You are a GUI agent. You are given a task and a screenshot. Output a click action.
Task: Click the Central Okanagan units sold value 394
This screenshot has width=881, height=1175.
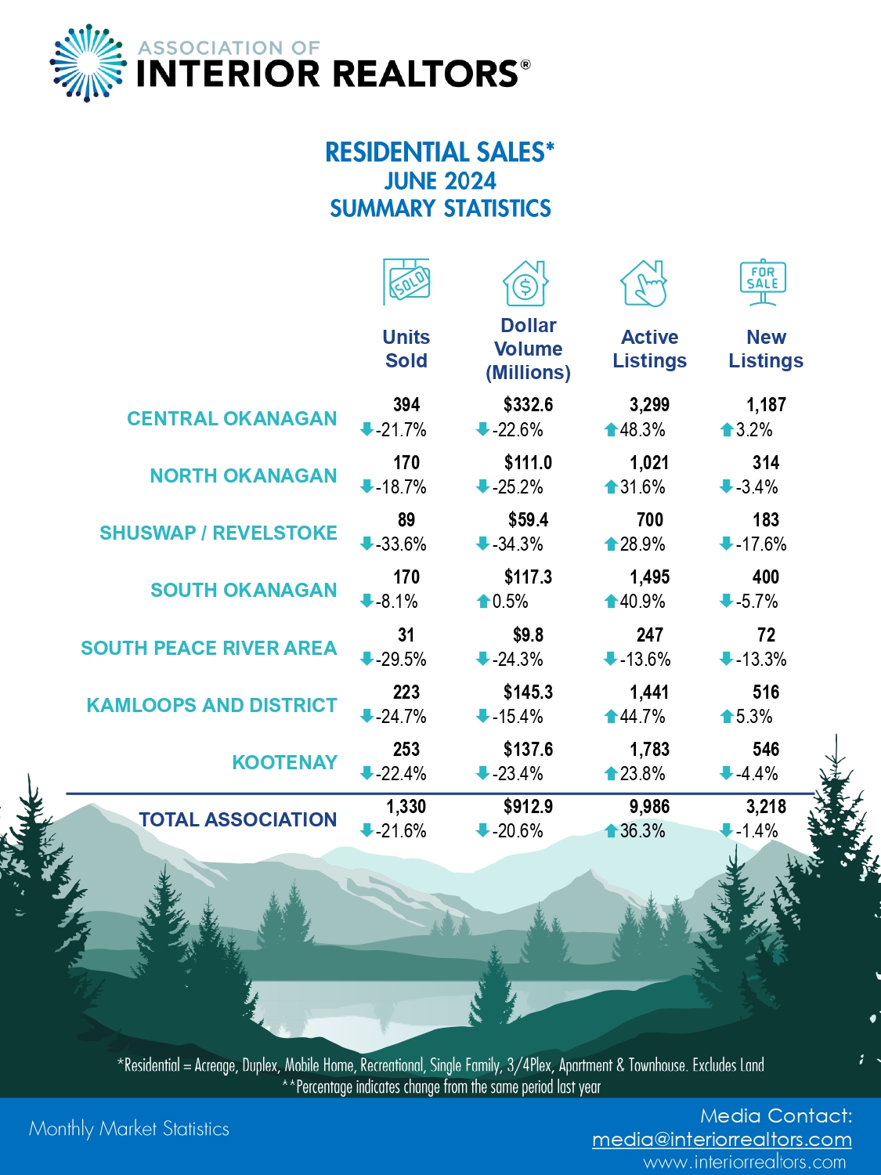pyautogui.click(x=406, y=405)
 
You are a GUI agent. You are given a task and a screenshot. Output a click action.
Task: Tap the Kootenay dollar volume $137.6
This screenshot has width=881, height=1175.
pyautogui.click(x=528, y=750)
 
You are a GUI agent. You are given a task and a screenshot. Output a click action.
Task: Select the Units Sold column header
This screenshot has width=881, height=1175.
pyautogui.click(x=406, y=349)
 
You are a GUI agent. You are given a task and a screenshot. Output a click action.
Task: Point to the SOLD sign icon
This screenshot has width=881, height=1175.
pyautogui.click(x=406, y=281)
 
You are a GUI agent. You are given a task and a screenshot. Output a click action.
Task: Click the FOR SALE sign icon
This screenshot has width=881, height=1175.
pyautogui.click(x=763, y=281)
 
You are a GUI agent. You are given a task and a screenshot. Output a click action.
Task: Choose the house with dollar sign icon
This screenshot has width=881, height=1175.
pyautogui.click(x=525, y=283)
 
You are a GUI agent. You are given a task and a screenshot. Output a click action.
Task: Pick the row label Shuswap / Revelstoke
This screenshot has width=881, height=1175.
pyautogui.click(x=218, y=533)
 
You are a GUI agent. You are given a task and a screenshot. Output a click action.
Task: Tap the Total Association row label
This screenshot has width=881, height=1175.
pyautogui.click(x=237, y=820)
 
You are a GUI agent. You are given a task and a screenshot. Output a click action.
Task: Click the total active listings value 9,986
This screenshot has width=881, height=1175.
pyautogui.click(x=649, y=807)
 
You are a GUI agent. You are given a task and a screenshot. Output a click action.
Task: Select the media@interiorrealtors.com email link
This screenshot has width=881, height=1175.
pyautogui.click(x=721, y=1140)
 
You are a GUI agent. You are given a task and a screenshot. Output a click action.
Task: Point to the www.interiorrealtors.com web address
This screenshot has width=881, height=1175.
pyautogui.click(x=745, y=1162)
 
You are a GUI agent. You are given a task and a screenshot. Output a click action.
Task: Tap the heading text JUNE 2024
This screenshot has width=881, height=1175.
pyautogui.click(x=440, y=182)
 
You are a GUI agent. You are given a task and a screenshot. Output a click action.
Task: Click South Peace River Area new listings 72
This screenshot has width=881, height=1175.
pyautogui.click(x=765, y=635)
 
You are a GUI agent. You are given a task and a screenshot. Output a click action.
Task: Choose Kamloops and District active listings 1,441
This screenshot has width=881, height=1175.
pyautogui.click(x=649, y=692)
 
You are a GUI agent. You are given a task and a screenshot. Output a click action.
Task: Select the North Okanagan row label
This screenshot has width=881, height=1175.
pyautogui.click(x=244, y=476)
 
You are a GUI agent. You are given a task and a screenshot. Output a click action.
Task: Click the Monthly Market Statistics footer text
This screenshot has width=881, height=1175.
pyautogui.click(x=129, y=1129)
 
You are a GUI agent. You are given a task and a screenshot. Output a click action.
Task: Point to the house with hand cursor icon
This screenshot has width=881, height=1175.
pyautogui.click(x=644, y=283)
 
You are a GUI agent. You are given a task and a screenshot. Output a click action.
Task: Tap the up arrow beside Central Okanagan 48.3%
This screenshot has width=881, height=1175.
pyautogui.click(x=611, y=430)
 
